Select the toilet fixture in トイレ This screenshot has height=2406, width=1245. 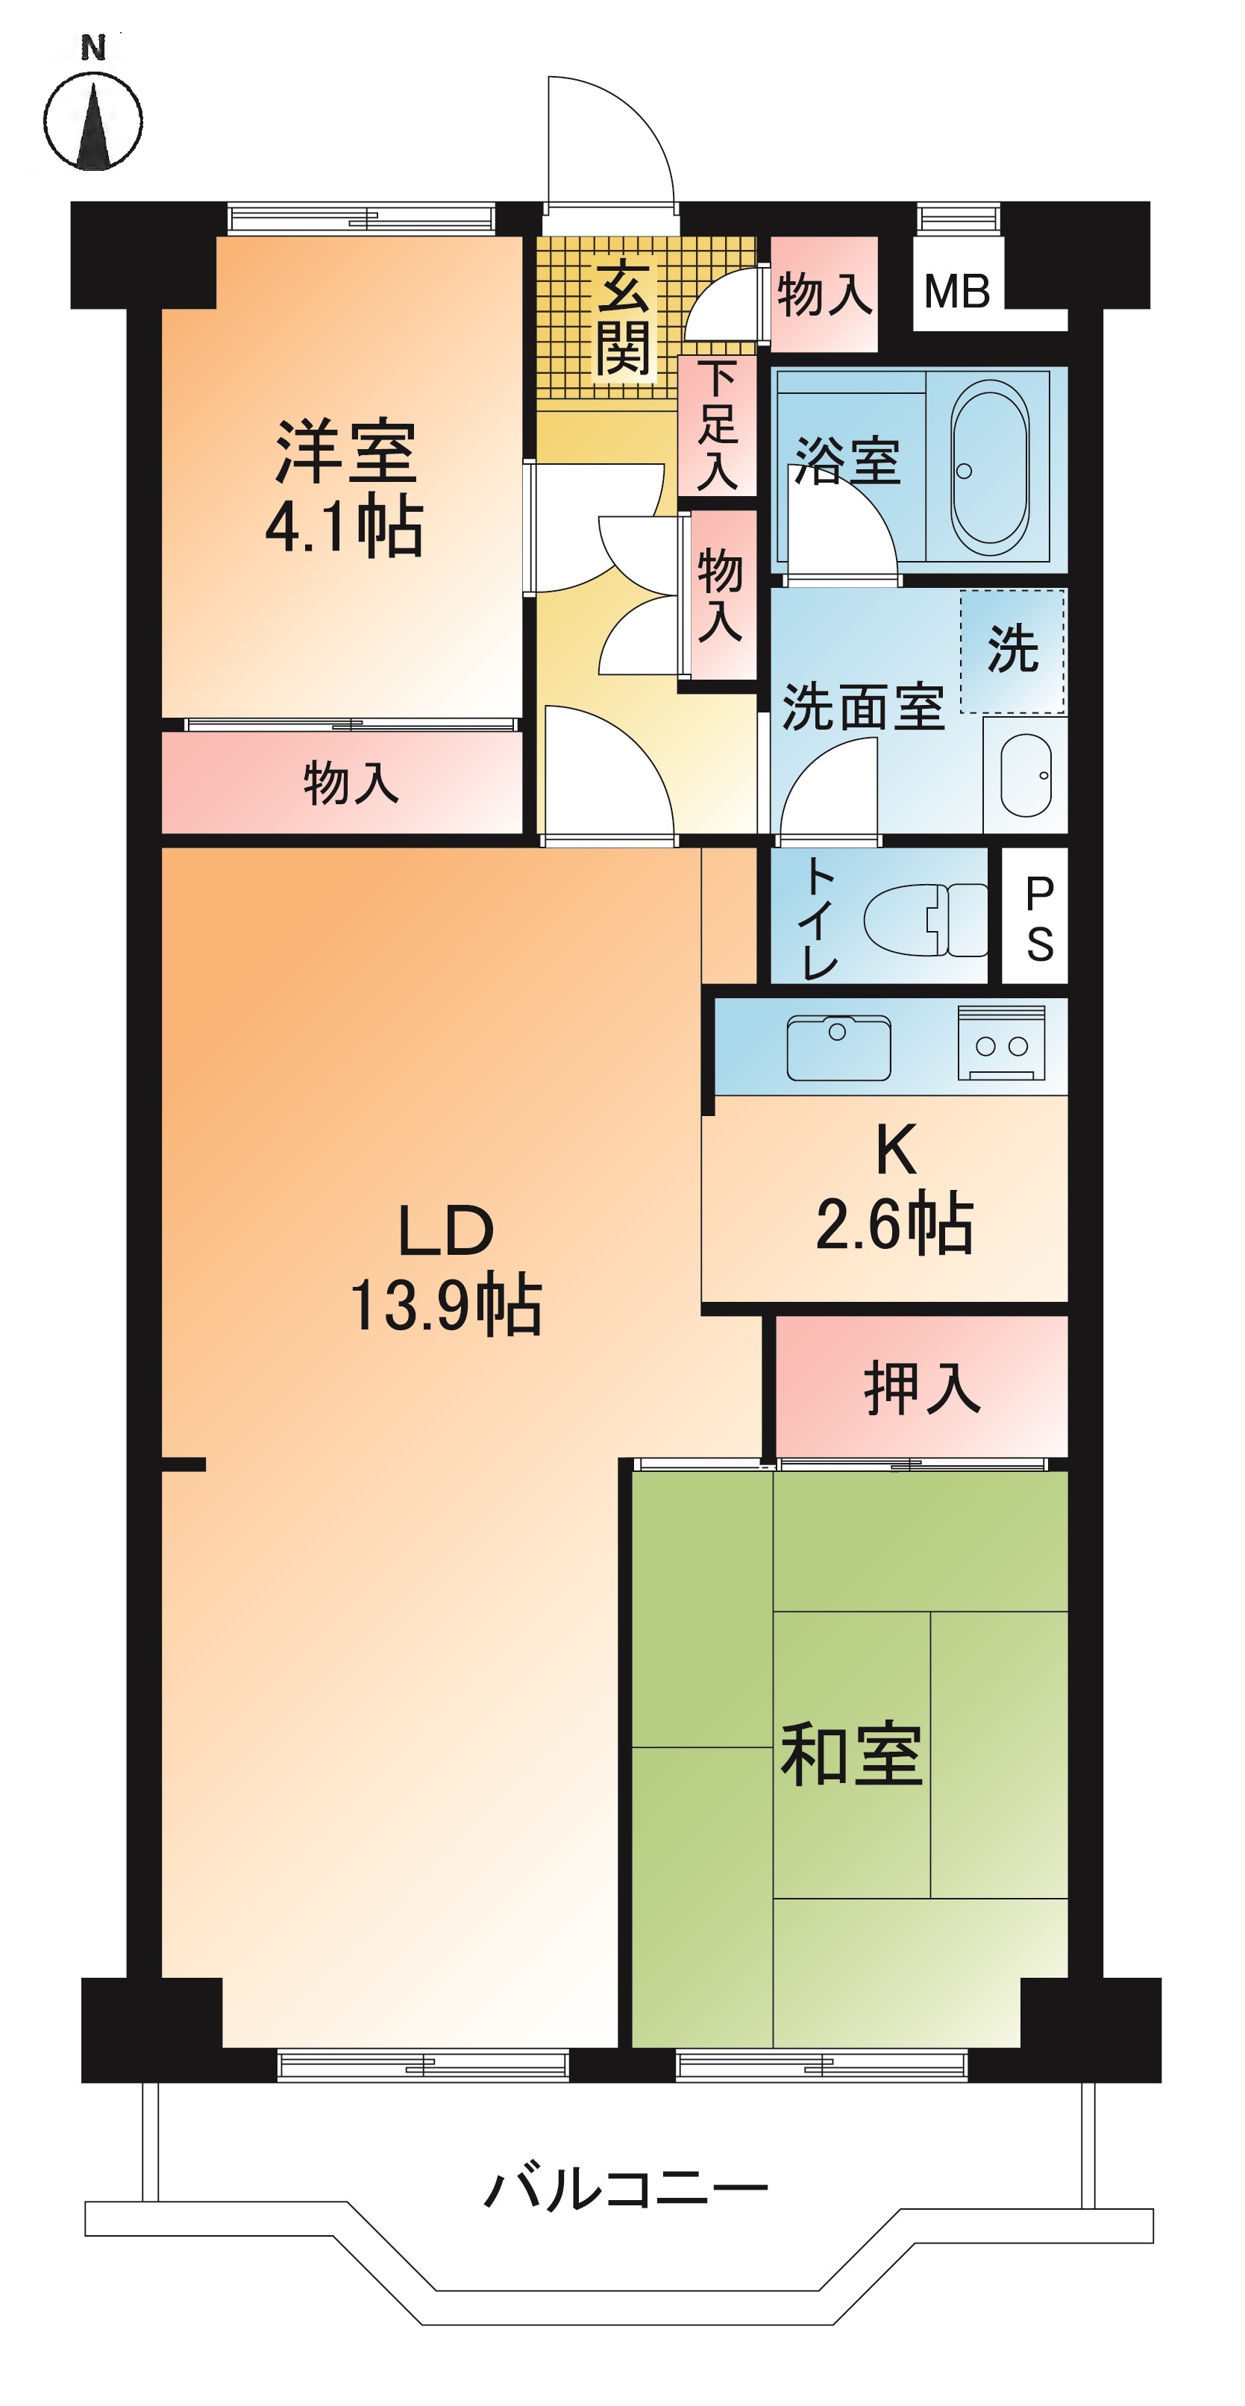pos(925,920)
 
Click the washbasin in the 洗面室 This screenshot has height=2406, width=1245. pos(1026,775)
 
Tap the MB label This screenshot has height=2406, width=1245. pos(956,292)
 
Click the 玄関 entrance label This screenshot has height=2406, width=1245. pos(623,318)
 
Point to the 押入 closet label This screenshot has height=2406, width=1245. pos(922,1389)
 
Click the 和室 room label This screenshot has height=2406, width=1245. pos(851,1755)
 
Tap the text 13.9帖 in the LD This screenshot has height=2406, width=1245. pos(445,1306)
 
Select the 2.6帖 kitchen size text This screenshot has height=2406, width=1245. pos(894,1224)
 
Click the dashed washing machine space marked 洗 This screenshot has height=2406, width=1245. pos(1012,651)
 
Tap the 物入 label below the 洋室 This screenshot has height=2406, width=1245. pos(351,783)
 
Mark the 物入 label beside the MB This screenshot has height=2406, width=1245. pos(824,294)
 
